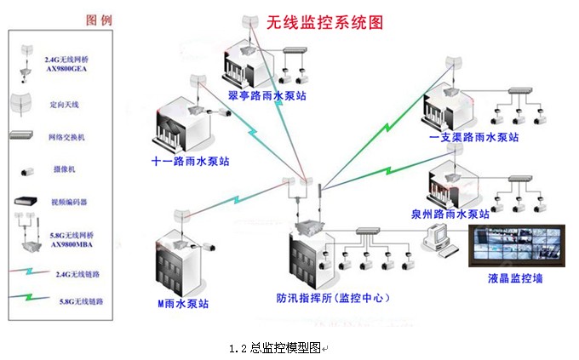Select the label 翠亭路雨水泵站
click(x=267, y=94)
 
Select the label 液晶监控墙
click(x=515, y=277)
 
